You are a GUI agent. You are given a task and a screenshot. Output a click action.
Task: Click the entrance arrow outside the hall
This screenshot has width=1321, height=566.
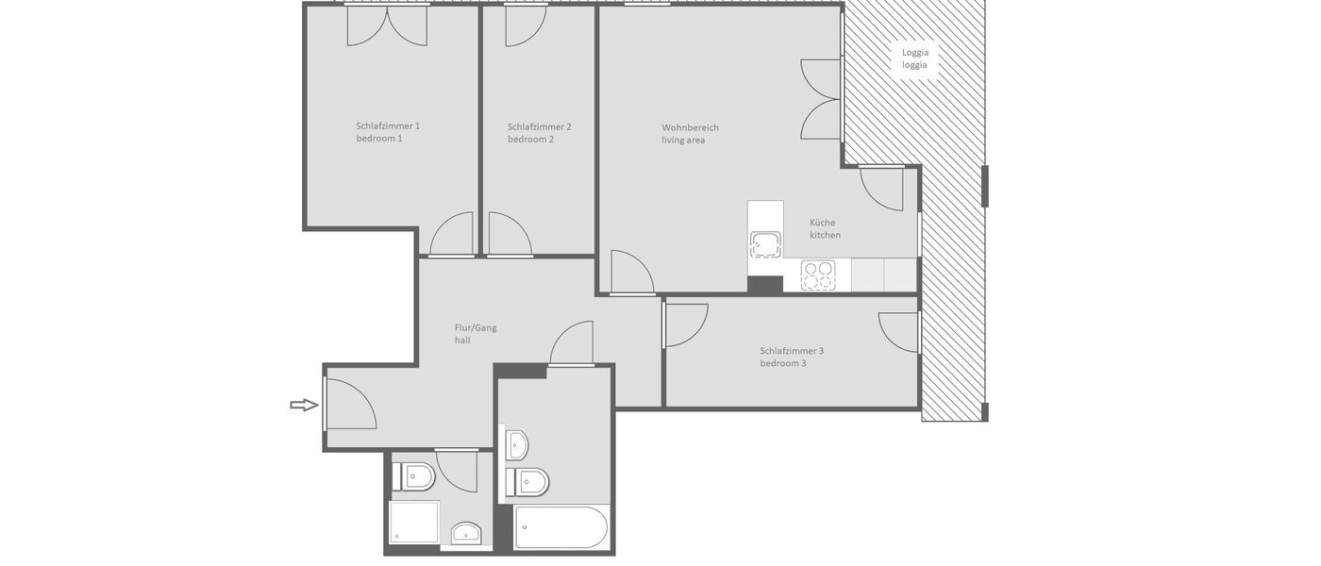(303, 405)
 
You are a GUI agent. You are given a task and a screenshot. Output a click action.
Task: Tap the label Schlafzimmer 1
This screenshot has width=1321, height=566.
(388, 126)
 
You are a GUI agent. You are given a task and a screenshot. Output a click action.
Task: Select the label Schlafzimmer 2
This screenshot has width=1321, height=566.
(539, 126)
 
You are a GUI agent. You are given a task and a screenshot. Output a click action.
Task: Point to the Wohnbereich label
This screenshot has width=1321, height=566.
(690, 127)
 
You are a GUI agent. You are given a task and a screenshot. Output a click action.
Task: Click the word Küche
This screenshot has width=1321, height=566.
(822, 224)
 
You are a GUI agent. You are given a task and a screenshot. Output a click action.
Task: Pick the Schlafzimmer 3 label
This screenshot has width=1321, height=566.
(792, 351)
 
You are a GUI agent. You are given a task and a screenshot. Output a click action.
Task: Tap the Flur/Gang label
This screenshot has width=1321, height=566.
(476, 328)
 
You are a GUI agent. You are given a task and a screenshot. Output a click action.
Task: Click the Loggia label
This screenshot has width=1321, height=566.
(914, 53)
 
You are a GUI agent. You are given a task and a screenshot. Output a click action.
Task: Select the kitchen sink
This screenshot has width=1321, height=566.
(765, 243)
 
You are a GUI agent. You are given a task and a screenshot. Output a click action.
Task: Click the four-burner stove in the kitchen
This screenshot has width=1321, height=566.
(818, 275)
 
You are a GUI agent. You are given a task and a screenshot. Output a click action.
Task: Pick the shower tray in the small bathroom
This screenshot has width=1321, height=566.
(414, 522)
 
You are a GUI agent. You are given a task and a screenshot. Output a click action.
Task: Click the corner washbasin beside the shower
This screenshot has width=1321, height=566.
(466, 534)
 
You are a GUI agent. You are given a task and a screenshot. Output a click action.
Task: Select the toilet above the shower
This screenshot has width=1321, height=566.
(414, 476)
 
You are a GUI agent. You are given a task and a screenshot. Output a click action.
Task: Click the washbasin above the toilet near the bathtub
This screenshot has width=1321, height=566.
(516, 443)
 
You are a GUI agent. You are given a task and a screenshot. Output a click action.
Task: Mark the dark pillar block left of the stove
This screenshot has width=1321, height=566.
(764, 284)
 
